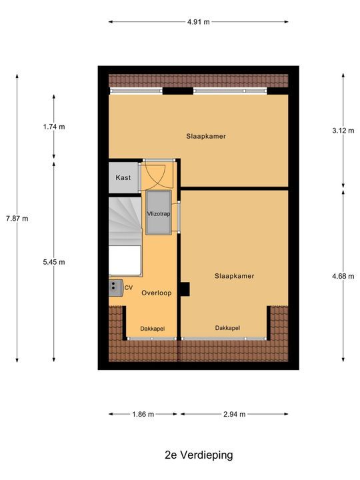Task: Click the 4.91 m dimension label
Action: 199,22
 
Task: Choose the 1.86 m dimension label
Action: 143,414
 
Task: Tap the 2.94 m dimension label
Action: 234,414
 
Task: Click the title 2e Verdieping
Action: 199,455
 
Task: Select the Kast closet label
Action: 123,178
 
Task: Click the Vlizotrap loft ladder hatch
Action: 158,213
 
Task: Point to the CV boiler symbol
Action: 115,287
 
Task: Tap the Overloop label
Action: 157,292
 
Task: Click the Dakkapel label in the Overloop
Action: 152,329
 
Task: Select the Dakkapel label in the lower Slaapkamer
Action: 227,328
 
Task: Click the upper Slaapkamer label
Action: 206,136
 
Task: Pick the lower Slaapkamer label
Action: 235,275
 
